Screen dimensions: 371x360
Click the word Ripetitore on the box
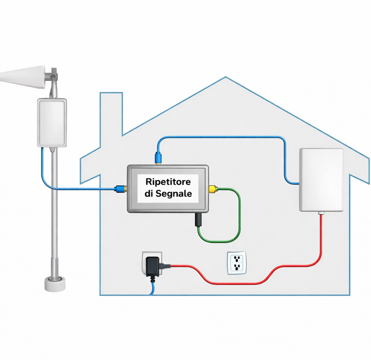tap(168, 182)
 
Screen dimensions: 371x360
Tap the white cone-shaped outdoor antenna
tap(23, 78)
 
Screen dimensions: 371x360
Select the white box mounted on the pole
tap(52, 123)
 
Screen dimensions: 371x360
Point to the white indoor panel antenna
tap(322, 180)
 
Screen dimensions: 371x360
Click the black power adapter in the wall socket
tap(153, 267)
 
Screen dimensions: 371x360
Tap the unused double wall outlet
tap(237, 263)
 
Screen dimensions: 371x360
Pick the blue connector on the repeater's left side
tap(120, 189)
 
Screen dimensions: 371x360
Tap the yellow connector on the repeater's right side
tap(213, 189)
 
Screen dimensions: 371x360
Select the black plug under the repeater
tap(198, 219)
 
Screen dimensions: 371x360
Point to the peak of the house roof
tap(226, 77)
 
